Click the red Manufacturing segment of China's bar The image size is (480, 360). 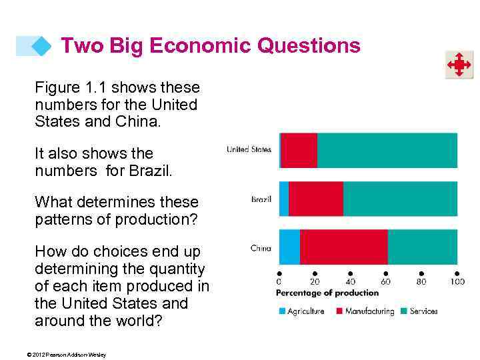point(343,247)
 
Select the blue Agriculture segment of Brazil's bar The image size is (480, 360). point(284,199)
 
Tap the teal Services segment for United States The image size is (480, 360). point(387,150)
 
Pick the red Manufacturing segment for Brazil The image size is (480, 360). point(315,199)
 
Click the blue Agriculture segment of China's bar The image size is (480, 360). point(289,247)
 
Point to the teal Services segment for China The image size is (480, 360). point(422,247)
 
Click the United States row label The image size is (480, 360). point(249,149)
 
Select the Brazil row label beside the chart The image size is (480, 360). point(261,199)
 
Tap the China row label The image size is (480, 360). point(261,248)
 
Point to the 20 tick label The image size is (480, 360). point(315,282)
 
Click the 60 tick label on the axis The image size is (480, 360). point(385,282)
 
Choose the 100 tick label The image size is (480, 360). point(457,282)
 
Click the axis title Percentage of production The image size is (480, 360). point(327,293)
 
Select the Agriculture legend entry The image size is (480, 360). point(301,311)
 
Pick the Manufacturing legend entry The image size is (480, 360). point(365,311)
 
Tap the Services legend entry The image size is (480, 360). point(420,311)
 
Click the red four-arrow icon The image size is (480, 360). point(459,65)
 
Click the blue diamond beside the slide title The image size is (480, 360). point(41,46)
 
